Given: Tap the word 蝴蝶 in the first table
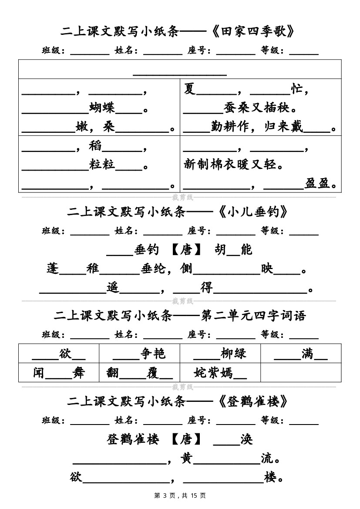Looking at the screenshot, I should point(102,108).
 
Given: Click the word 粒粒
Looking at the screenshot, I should point(102,165).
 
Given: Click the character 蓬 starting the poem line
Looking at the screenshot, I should point(53,269).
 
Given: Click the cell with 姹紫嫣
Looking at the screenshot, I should point(220,373).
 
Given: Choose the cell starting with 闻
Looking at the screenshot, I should point(59,373).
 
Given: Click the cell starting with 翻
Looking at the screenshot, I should point(139,373).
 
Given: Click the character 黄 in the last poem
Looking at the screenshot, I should point(186,458).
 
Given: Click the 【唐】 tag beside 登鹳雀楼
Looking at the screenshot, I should point(186,439).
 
